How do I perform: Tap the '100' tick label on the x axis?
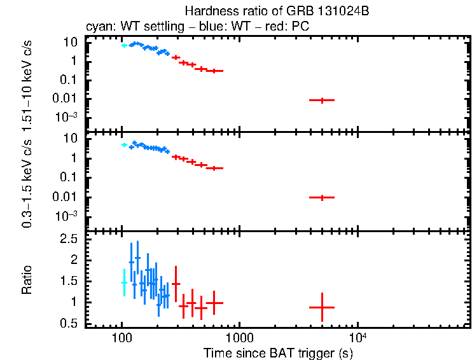pyautogui.click(x=121, y=338)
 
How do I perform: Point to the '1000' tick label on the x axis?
pyautogui.click(x=239, y=338)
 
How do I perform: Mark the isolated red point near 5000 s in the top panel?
pyautogui.click(x=323, y=100)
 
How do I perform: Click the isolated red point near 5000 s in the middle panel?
pyautogui.click(x=323, y=198)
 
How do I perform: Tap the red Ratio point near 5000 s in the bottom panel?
pyautogui.click(x=323, y=307)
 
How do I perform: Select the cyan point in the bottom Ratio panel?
pyautogui.click(x=124, y=282)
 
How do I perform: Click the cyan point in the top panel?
pyautogui.click(x=124, y=46)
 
